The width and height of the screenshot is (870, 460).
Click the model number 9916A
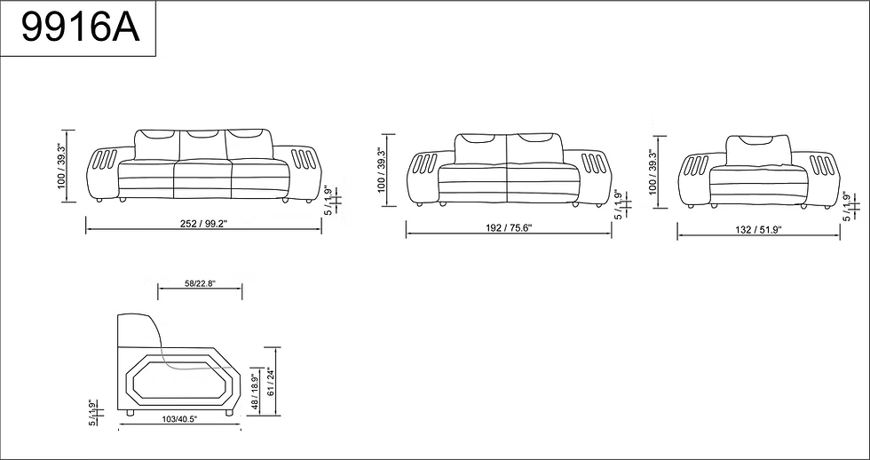(80, 29)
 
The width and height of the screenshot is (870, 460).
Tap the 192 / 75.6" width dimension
(509, 228)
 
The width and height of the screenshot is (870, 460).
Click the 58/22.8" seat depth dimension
(200, 284)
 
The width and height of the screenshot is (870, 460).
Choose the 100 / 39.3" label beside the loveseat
(381, 170)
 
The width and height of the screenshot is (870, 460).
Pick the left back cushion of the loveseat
(480, 149)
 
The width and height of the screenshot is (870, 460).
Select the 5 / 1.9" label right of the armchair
(847, 206)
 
